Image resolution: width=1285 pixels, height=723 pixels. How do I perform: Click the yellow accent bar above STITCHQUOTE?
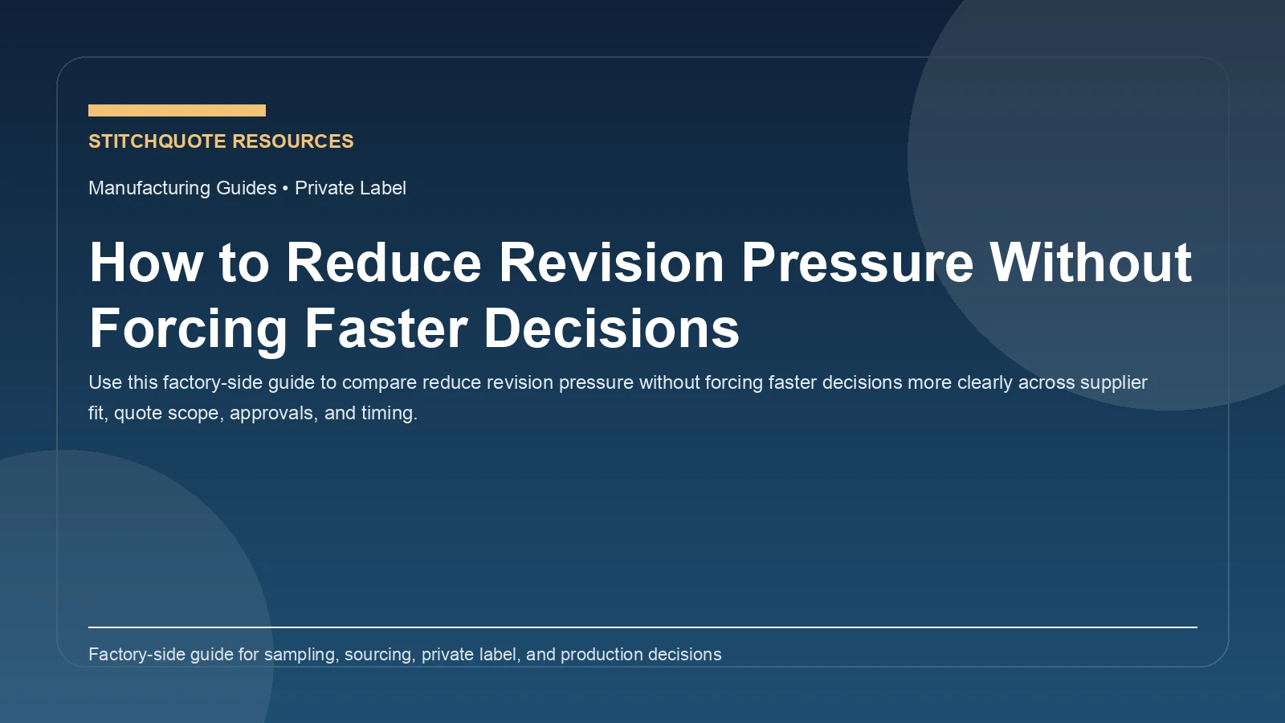tap(177, 110)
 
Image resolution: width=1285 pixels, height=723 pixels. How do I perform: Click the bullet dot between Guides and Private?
tap(285, 188)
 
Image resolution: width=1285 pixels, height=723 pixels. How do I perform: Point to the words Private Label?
tap(350, 188)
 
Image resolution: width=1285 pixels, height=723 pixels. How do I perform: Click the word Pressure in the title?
tap(857, 263)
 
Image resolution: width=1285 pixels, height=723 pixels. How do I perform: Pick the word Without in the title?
tap(1091, 263)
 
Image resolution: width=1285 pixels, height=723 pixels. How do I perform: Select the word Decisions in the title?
tap(612, 329)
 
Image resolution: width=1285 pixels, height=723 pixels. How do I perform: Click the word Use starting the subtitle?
tap(105, 382)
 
